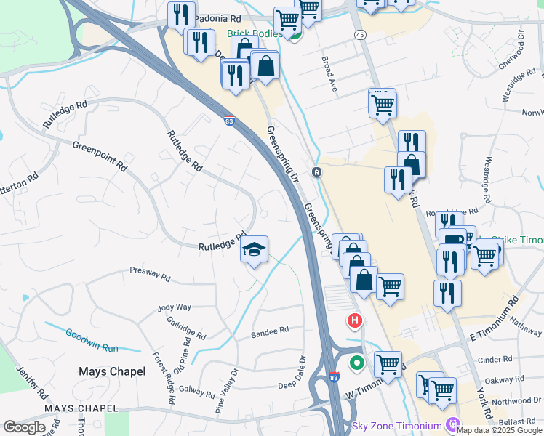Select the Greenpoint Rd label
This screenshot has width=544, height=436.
point(100,156)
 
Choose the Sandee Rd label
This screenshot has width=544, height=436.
point(269,330)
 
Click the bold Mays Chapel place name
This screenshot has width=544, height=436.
point(112,371)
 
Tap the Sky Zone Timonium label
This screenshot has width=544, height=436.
point(397,425)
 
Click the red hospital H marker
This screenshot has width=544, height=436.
point(355,320)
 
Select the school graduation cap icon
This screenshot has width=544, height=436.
point(254,250)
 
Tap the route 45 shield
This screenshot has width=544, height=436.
point(361,35)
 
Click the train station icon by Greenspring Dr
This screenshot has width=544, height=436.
point(317,172)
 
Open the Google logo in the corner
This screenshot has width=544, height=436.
point(24,427)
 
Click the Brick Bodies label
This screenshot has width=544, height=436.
point(254,33)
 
